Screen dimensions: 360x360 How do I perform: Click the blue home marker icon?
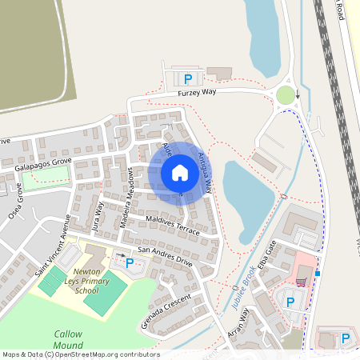pyautogui.click(x=179, y=173)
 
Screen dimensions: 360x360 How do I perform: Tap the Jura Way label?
pyautogui.click(x=98, y=215)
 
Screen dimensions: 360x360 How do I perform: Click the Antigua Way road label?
pyautogui.click(x=204, y=170)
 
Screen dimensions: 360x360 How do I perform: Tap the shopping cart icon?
pyautogui.click(x=301, y=282)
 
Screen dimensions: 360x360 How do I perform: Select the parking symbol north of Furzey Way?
pyautogui.click(x=188, y=78)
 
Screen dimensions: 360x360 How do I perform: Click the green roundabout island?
pyautogui.click(x=285, y=96)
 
